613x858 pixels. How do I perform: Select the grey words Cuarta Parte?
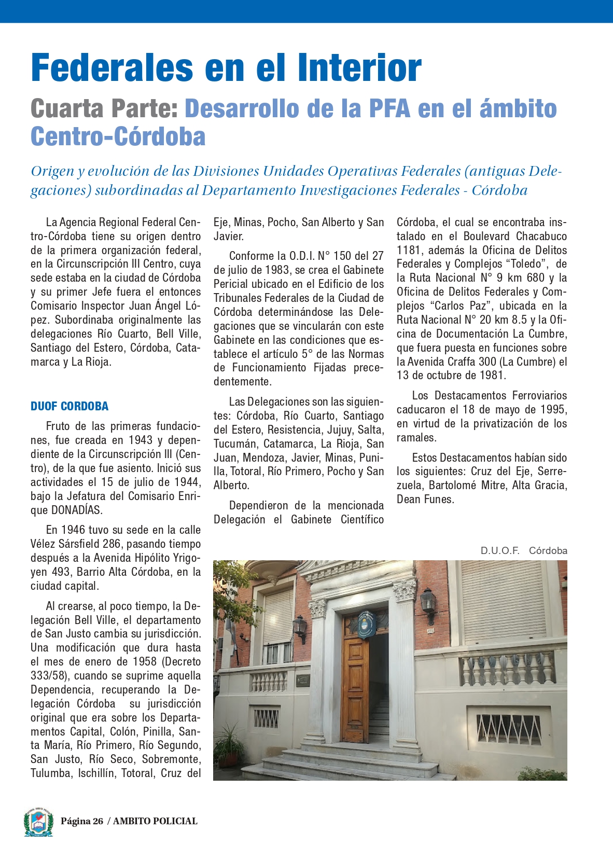(x=104, y=109)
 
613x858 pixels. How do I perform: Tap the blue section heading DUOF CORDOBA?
(x=69, y=406)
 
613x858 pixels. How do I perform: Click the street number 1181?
(x=409, y=250)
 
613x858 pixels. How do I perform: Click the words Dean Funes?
(x=425, y=499)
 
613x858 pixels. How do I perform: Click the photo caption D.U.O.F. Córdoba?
(x=523, y=550)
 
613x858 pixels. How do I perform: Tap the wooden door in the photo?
(x=355, y=685)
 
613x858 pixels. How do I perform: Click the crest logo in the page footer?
(x=38, y=822)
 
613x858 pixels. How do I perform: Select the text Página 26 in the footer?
(x=82, y=821)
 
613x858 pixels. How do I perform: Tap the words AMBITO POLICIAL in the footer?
(x=155, y=821)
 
